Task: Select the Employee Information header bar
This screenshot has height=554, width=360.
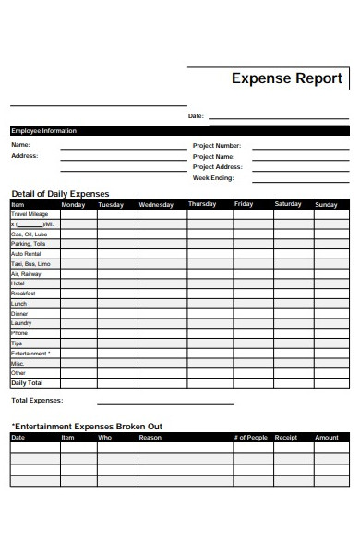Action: pyautogui.click(x=180, y=131)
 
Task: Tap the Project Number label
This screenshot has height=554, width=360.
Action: pyautogui.click(x=216, y=146)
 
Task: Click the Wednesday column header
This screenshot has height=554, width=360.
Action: pyautogui.click(x=162, y=204)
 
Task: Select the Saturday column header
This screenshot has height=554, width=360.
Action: pyautogui.click(x=287, y=204)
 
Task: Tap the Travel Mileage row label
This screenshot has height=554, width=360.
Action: pyautogui.click(x=30, y=214)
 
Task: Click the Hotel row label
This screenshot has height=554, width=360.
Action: pyautogui.click(x=18, y=283)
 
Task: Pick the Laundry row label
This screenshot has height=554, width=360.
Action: pyautogui.click(x=20, y=323)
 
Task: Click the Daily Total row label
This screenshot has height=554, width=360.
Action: pyautogui.click(x=27, y=382)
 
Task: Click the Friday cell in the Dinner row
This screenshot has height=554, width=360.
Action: pyautogui.click(x=247, y=313)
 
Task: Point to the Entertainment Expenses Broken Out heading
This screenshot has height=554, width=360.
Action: pyautogui.click(x=87, y=426)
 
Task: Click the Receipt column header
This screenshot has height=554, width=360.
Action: pyautogui.click(x=286, y=437)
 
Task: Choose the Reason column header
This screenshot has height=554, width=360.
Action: pyautogui.click(x=150, y=437)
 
